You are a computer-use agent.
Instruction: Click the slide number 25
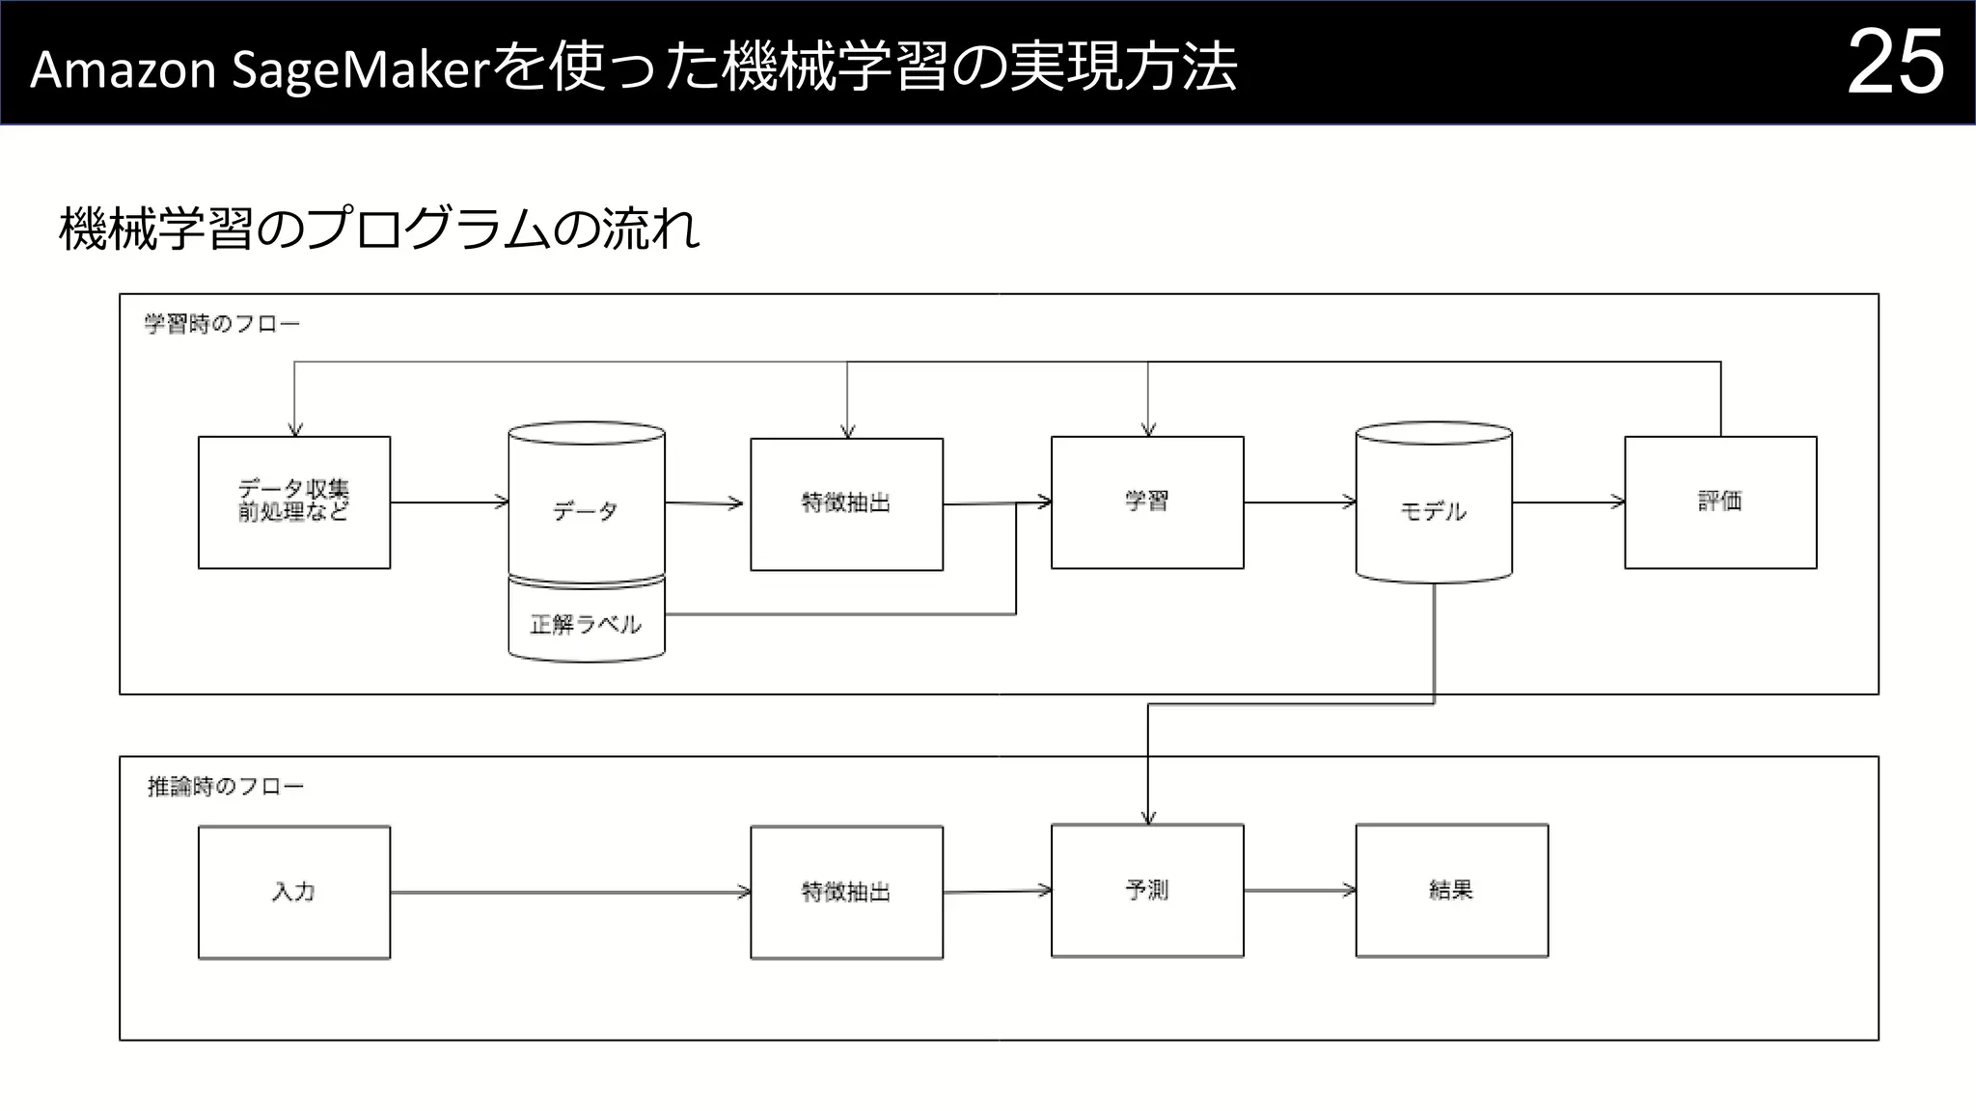click(1894, 63)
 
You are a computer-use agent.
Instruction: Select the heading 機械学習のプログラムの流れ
click(378, 230)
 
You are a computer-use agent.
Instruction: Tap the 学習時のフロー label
click(222, 324)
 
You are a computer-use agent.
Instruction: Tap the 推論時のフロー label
click(225, 787)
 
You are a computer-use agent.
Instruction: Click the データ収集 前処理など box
click(294, 501)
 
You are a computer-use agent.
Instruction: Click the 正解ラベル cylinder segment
click(586, 624)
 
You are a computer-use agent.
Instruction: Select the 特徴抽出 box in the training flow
click(846, 503)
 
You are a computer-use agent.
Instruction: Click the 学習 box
click(1147, 501)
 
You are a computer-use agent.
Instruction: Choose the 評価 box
click(1720, 501)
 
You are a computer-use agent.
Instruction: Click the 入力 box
click(294, 892)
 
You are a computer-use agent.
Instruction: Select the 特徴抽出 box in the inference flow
click(846, 892)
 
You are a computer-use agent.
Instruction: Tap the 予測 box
click(1147, 890)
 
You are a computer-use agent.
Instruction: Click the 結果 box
click(1451, 890)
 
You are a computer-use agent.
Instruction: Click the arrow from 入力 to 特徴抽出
click(569, 892)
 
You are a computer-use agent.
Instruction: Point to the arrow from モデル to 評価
click(1568, 501)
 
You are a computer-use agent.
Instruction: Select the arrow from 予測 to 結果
click(1300, 890)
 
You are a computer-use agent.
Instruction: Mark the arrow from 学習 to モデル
click(1300, 501)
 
